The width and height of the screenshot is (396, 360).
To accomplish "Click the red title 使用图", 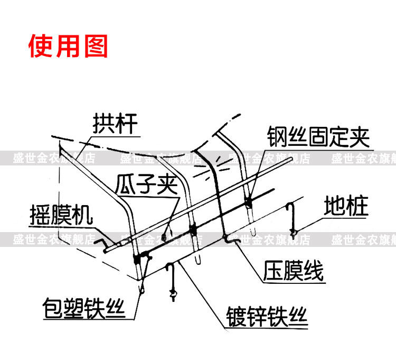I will click(68, 46).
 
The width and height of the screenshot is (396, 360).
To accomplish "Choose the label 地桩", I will click(346, 206).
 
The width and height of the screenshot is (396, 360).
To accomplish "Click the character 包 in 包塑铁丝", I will click(53, 308).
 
